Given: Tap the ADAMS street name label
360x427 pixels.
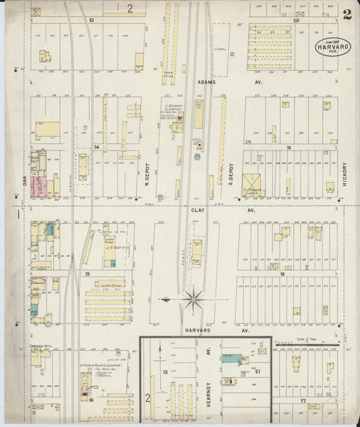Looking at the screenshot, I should tap(207, 83).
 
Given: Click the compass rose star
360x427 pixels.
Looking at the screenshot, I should tap(194, 297).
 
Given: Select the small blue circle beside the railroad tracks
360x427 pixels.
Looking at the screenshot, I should tap(197, 156).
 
